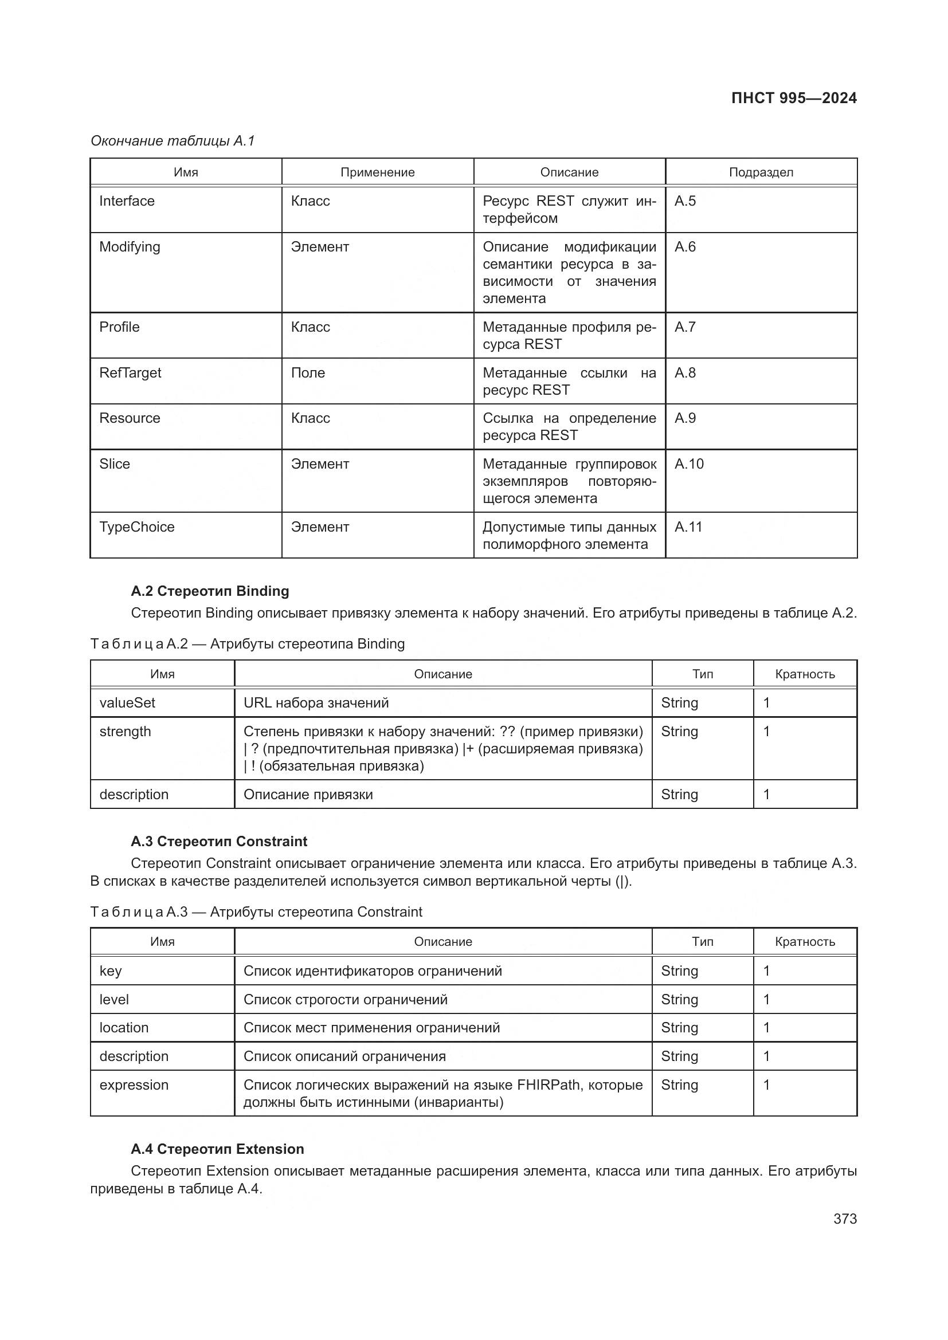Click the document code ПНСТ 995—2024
coord(793,98)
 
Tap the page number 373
coord(845,1219)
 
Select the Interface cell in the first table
coord(127,201)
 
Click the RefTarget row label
coord(130,373)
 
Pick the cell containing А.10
coord(689,464)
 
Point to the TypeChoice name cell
coord(136,527)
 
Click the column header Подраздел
coord(761,172)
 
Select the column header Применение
coord(377,172)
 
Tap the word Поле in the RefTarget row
coord(308,373)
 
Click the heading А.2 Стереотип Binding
coord(210,591)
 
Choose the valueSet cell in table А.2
coord(127,703)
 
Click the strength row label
coord(125,731)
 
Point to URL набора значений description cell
coord(316,703)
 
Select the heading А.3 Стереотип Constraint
coord(219,842)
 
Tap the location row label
coord(124,1028)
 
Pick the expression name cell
coord(134,1085)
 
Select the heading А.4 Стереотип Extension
coord(217,1149)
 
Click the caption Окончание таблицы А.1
coord(173,141)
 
